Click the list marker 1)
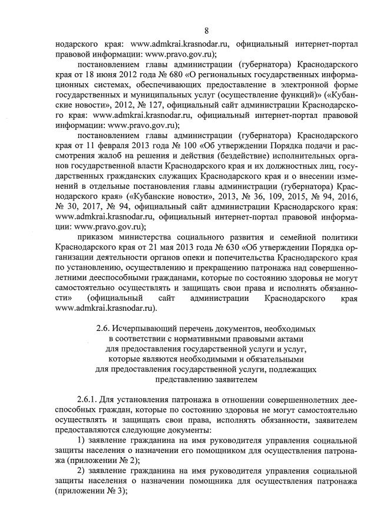82,443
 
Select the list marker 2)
82,475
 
